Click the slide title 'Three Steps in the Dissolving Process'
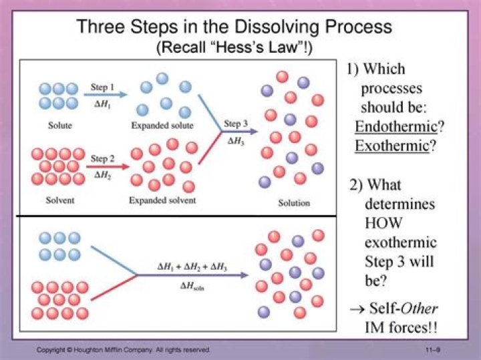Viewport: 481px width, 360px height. (234, 27)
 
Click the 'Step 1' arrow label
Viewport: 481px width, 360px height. (103, 87)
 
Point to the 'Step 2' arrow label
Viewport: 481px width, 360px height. (103, 159)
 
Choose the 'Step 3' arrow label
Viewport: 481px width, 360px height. (236, 124)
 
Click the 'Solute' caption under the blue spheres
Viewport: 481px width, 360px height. (60, 126)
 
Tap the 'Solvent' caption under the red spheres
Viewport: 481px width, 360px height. (61, 199)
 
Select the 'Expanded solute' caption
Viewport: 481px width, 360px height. (162, 126)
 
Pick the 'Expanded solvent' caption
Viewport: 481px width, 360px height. (162, 200)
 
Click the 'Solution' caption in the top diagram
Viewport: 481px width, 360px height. (294, 203)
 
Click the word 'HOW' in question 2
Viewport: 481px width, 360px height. (383, 222)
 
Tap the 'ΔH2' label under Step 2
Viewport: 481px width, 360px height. (102, 174)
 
